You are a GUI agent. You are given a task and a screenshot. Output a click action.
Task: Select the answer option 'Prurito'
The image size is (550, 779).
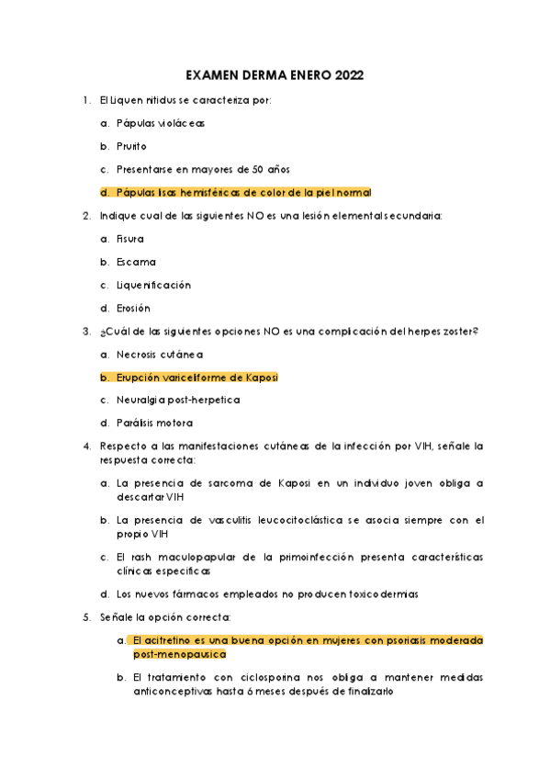pyautogui.click(x=131, y=146)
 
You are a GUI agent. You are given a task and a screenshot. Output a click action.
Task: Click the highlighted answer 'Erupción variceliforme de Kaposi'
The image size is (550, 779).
pyautogui.click(x=196, y=377)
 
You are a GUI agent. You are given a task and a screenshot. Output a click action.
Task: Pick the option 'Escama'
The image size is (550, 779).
pyautogui.click(x=136, y=262)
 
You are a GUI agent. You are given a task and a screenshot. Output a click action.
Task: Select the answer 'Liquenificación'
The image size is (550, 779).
pyautogui.click(x=153, y=285)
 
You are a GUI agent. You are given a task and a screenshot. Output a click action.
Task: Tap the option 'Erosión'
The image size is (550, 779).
pyautogui.click(x=133, y=308)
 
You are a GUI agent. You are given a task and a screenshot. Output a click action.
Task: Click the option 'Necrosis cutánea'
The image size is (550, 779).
pyautogui.click(x=160, y=354)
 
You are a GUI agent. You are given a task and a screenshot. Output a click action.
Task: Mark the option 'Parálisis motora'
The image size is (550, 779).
pyautogui.click(x=154, y=423)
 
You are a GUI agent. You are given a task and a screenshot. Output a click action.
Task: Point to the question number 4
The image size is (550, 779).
pyautogui.click(x=85, y=446)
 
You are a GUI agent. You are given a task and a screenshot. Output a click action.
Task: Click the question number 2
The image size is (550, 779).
pyautogui.click(x=85, y=216)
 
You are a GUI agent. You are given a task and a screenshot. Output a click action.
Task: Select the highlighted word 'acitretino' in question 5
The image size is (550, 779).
pyautogui.click(x=169, y=639)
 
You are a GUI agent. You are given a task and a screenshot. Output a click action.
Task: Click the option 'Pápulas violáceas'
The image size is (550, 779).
pyautogui.click(x=161, y=123)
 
